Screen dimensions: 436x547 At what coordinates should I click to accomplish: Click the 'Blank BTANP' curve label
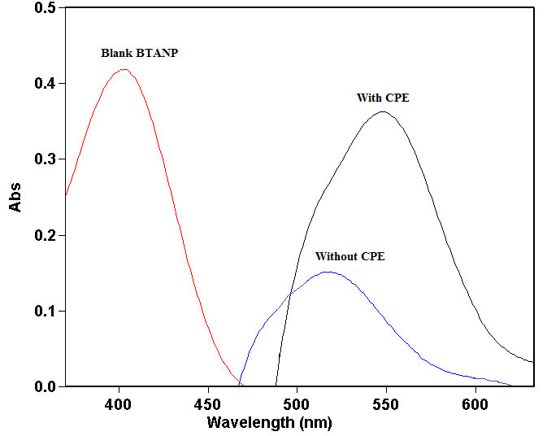[x=139, y=53]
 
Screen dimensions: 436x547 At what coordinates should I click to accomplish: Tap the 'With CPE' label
[x=383, y=98]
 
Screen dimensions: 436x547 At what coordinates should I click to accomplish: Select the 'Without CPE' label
[x=349, y=256]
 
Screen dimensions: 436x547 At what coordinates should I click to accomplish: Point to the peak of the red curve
[x=124, y=69]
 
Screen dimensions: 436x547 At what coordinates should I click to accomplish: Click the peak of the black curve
[x=382, y=112]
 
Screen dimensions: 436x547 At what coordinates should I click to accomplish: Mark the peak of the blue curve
[x=327, y=272]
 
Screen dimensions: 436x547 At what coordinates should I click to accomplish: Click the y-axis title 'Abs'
[x=15, y=197]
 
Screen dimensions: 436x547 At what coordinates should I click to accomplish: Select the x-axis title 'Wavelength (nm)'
[x=269, y=422]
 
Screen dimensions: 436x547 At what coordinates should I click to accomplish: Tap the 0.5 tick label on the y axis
[x=45, y=8]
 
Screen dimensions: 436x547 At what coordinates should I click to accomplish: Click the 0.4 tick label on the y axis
[x=45, y=84]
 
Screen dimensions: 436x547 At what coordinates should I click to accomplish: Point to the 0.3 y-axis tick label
[x=45, y=159]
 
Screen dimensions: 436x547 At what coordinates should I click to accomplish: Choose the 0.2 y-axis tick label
[x=45, y=235]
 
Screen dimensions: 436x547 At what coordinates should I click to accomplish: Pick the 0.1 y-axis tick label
[x=45, y=311]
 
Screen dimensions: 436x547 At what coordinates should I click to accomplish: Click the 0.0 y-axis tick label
[x=45, y=386]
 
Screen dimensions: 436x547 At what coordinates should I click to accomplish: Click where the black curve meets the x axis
[x=276, y=386]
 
